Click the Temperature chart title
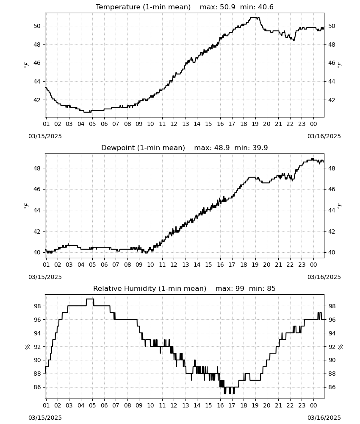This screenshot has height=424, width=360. coord(143,7)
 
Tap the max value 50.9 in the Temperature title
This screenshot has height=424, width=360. coord(227,7)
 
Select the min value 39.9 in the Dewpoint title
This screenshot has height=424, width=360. coord(260,148)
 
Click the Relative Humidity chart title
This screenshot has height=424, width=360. coord(150,288)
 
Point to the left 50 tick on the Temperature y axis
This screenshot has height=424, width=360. coord(37,26)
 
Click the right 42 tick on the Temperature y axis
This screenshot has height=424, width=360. coord(332,100)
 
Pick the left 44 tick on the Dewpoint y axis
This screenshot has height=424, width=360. coord(37,210)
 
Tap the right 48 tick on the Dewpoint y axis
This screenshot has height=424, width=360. coord(332,168)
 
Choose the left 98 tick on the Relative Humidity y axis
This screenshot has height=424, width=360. coord(37,306)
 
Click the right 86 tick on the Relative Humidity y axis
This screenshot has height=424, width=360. coord(332,387)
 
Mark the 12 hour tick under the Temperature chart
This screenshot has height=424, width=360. coord(174,124)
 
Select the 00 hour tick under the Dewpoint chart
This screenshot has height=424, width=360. coord(313,265)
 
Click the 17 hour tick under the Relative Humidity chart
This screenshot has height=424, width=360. coord(232,406)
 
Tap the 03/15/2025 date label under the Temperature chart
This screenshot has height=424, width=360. coord(45,136)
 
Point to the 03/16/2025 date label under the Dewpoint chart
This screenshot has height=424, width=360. coord(324,277)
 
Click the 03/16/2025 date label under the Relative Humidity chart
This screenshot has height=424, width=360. coord(324,418)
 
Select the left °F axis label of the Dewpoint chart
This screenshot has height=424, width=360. coord(26,206)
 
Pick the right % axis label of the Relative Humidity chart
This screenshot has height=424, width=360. coord(340,347)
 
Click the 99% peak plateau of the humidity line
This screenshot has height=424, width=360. coord(90,299)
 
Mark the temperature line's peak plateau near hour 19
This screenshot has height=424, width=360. coord(255,17)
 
